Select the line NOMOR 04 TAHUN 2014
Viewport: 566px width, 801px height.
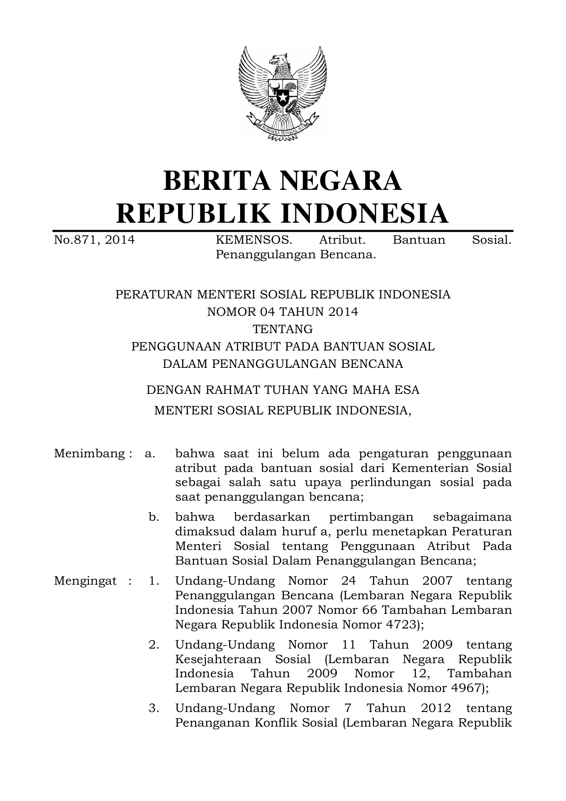(x=283, y=312)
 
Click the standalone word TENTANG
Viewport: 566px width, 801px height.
(x=283, y=329)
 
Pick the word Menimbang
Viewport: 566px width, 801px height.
(x=89, y=454)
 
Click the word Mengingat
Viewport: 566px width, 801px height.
(x=85, y=581)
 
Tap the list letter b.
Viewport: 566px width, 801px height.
(x=154, y=517)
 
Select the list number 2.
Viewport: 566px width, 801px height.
(x=154, y=645)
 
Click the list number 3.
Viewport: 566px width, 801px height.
(x=154, y=708)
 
